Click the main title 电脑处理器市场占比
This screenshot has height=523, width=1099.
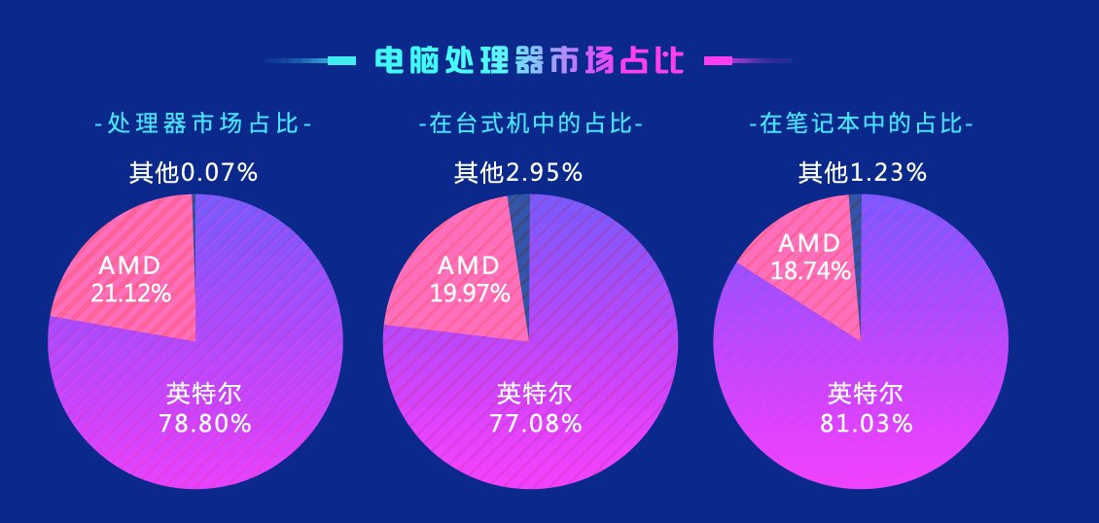point(529,60)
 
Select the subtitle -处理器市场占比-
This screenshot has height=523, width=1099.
point(203,124)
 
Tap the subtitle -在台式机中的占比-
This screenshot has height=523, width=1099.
point(530,124)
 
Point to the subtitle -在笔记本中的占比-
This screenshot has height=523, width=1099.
point(861,124)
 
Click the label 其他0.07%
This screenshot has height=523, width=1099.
point(194,173)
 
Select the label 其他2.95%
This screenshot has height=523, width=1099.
point(517,173)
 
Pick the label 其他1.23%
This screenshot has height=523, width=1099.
point(862,173)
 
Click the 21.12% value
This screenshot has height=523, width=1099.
point(131,293)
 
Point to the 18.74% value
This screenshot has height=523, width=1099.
point(811,271)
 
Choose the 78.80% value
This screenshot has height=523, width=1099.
point(204,423)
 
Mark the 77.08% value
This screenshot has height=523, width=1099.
point(536,423)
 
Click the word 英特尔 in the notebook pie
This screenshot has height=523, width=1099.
point(866,394)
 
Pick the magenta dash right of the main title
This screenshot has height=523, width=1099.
point(718,60)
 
